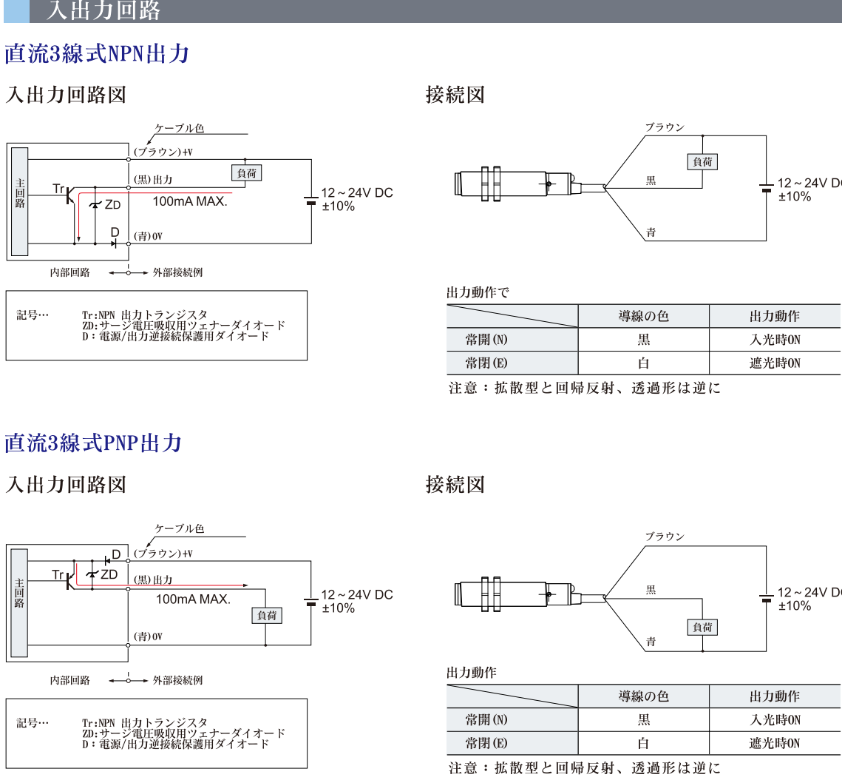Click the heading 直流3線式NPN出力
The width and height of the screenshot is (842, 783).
tap(97, 54)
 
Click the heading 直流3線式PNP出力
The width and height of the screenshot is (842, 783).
tap(93, 443)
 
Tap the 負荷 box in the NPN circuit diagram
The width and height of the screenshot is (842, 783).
tap(247, 172)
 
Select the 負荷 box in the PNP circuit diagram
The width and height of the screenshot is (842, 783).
tap(267, 616)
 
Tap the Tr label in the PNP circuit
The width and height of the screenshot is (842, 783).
tap(58, 574)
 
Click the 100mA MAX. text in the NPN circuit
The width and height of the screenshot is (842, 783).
tap(190, 201)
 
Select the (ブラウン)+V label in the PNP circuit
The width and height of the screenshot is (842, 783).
tap(163, 554)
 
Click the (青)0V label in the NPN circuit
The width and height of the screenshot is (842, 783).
tap(148, 236)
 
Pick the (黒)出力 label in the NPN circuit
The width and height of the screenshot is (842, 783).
tap(152, 180)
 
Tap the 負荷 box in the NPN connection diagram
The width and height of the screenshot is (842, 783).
tap(702, 161)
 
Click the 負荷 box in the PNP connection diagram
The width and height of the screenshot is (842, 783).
tap(702, 628)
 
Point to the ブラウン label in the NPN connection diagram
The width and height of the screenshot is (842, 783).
tap(665, 127)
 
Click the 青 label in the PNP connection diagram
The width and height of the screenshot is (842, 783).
tap(651, 642)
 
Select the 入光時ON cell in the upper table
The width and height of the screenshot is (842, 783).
tap(775, 340)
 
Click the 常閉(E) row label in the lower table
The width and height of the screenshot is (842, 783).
tap(486, 743)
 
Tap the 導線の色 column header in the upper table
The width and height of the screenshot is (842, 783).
tap(643, 316)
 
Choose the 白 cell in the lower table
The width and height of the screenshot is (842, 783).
tap(643, 743)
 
